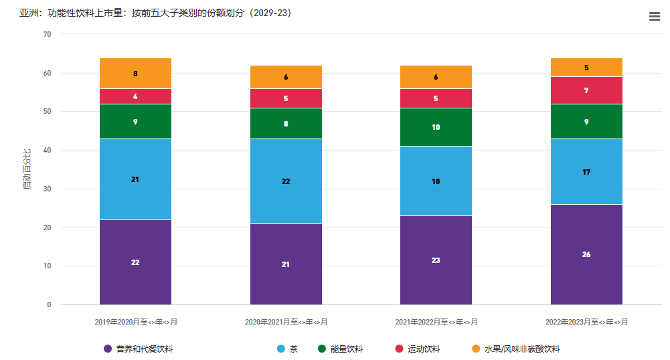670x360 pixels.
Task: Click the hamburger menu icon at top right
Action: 655,17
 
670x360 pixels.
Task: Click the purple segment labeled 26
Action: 586,254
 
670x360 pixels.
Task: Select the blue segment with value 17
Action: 586,172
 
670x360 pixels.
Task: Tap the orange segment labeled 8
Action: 135,74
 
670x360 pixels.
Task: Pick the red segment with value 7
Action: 586,90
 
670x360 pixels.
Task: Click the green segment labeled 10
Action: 436,127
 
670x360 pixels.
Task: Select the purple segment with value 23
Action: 436,260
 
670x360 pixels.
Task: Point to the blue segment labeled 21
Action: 135,179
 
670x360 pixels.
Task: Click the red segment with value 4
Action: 135,96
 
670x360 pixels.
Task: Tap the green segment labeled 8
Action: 286,124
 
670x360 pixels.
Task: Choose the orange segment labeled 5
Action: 586,68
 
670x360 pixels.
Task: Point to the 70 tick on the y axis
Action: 47,34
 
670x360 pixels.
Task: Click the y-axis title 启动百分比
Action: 27,170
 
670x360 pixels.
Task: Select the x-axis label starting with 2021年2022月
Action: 436,323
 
